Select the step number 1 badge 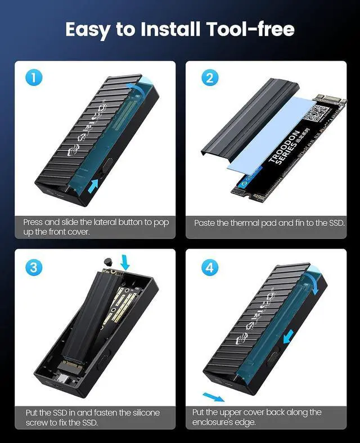coord(34,78)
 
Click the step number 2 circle coord(209,78)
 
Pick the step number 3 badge coord(34,266)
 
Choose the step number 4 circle coord(209,267)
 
